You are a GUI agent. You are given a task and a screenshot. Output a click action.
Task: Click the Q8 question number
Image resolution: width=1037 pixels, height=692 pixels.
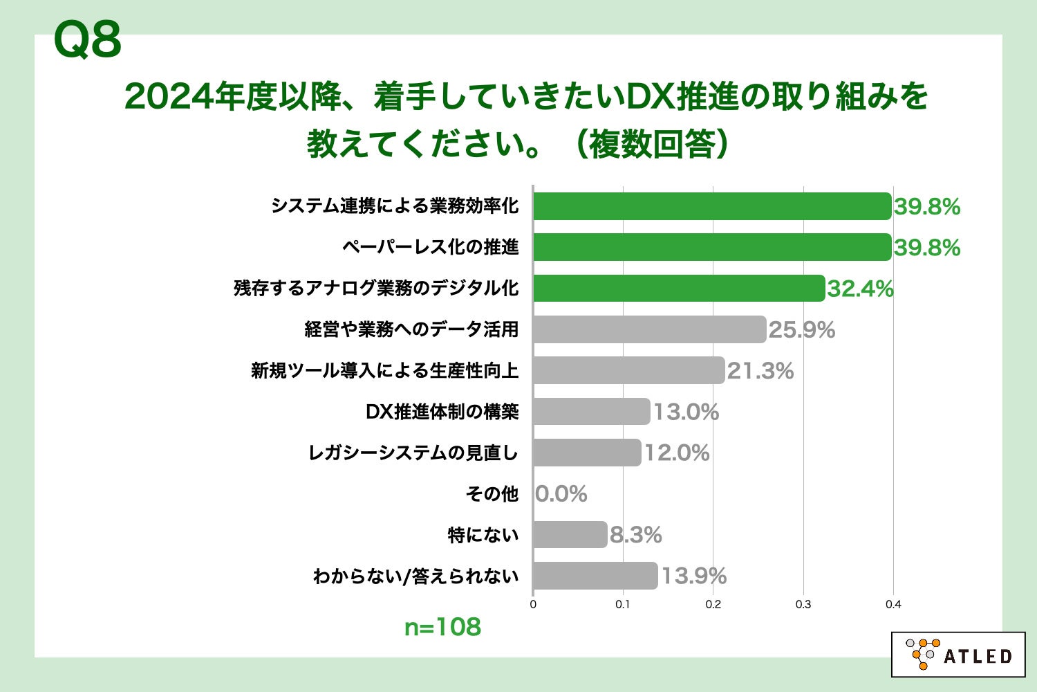coord(87,40)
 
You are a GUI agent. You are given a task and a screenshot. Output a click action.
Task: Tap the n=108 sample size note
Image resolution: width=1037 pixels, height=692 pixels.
coord(442,627)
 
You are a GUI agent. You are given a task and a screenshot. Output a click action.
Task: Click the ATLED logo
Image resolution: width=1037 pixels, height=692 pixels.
coord(957,654)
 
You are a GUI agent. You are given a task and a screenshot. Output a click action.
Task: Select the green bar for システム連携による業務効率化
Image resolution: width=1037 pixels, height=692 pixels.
coord(711,206)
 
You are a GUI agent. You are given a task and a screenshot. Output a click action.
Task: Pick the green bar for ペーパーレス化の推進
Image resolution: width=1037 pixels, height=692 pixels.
coord(711,247)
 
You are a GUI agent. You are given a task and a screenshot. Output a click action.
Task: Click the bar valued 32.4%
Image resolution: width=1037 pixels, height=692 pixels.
coord(679,288)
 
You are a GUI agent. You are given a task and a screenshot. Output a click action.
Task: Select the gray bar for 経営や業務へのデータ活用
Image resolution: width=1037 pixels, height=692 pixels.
coord(649,329)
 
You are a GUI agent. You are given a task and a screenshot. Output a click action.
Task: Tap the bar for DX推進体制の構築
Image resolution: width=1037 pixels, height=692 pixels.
coord(591,412)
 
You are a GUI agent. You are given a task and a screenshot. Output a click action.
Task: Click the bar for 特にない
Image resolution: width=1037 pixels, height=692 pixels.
coord(570,535)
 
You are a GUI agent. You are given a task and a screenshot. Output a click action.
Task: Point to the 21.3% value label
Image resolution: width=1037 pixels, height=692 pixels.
coord(760,371)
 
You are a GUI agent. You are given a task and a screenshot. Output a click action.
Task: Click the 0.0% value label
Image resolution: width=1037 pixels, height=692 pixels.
coord(561,494)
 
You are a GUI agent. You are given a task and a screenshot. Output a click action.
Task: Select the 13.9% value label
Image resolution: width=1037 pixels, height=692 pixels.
coord(693,576)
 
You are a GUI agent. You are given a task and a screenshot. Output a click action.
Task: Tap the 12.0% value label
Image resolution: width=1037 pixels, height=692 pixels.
coord(677,453)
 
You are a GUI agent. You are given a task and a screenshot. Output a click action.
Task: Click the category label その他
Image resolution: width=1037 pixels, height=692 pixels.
coord(492,494)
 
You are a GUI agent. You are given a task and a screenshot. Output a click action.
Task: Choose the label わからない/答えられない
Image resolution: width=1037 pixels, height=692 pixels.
coord(415,576)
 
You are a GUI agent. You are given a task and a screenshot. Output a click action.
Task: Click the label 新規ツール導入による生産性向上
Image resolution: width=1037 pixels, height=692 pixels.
coord(384,371)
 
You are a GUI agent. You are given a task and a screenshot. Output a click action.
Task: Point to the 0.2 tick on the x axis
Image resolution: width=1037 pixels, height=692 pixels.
coord(713,604)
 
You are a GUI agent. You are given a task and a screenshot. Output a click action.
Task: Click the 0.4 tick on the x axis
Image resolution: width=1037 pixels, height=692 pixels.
coord(893,604)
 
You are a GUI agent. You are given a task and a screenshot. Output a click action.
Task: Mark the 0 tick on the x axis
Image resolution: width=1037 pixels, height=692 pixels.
coord(533,604)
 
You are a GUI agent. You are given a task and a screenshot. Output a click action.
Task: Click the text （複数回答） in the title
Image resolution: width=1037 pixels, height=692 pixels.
coord(651,145)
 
